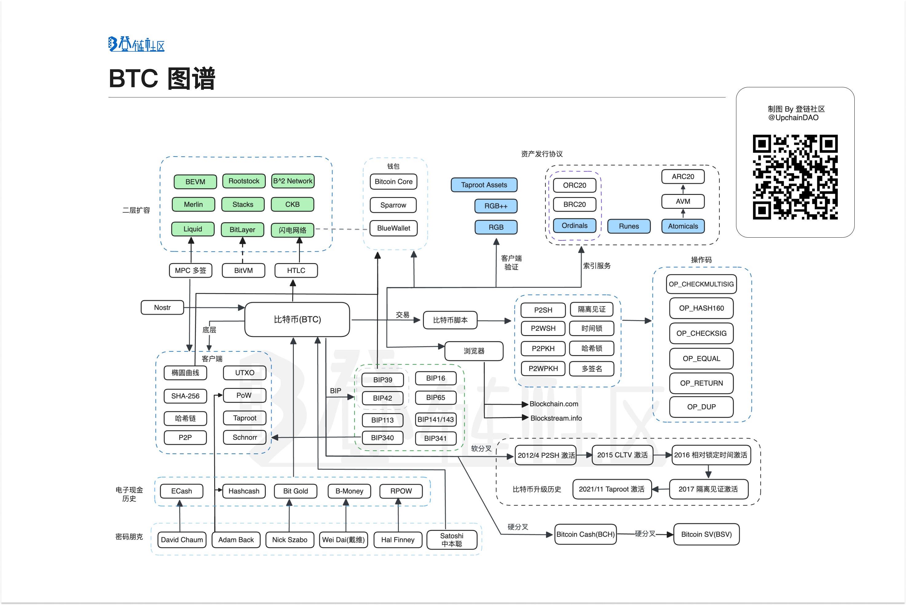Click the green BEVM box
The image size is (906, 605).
(195, 181)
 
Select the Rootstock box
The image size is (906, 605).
(244, 181)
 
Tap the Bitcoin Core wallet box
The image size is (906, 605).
(393, 181)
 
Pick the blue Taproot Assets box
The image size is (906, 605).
(484, 185)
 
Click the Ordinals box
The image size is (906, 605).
(574, 225)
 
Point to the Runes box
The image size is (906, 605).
(629, 226)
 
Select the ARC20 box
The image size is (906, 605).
(683, 176)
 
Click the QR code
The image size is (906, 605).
(795, 177)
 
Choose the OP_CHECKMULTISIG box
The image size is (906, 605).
(701, 284)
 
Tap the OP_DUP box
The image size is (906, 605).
(701, 407)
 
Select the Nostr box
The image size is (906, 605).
(162, 307)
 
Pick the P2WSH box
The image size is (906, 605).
(543, 328)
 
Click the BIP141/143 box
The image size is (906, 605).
(435, 419)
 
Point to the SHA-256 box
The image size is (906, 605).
(185, 396)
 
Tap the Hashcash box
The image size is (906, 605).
(244, 491)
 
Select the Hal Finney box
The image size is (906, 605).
(398, 540)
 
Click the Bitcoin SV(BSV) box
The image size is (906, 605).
(706, 534)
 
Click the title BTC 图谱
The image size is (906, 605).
(162, 79)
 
